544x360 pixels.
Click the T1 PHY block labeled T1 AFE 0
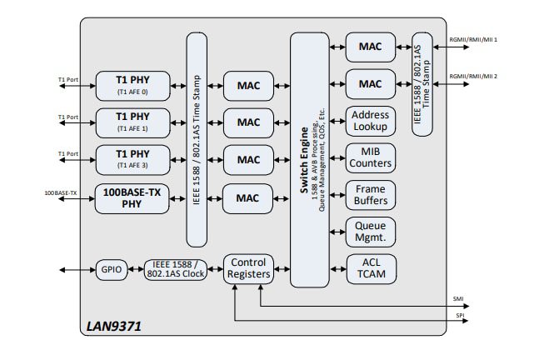tap(132, 85)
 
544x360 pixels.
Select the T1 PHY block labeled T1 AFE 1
tap(132, 122)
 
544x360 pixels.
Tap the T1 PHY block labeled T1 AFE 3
tap(132, 159)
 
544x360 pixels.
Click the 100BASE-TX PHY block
tap(132, 197)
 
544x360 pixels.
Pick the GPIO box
tap(112, 269)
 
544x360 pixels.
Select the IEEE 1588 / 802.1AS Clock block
tap(177, 269)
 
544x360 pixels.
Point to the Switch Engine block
tap(310, 159)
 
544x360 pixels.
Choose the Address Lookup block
tap(370, 121)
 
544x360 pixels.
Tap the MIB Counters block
tap(370, 158)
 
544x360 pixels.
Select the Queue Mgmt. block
tap(370, 231)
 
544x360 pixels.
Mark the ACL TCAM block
tap(370, 268)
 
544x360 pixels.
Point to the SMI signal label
tap(459, 297)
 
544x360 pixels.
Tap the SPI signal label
tap(458, 316)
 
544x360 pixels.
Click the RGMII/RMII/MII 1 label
tap(473, 39)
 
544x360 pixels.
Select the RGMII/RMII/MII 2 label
tap(473, 77)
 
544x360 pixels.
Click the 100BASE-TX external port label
tap(61, 193)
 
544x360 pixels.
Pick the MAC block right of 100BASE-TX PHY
tap(247, 197)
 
